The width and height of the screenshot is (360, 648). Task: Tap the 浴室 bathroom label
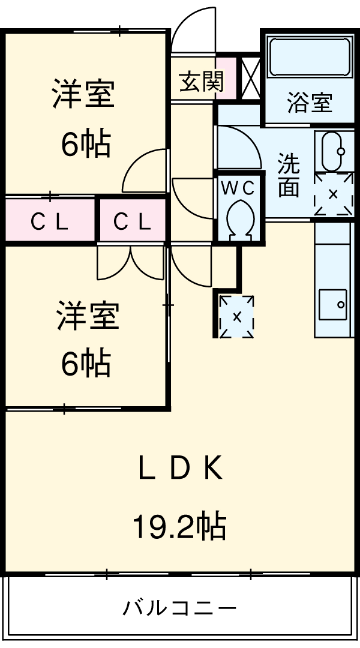pyautogui.click(x=309, y=103)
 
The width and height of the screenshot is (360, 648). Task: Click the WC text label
pyautogui.click(x=238, y=188)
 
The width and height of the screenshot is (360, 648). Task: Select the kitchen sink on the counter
pyautogui.click(x=332, y=305)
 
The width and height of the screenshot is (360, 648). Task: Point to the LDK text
pyautogui.click(x=180, y=469)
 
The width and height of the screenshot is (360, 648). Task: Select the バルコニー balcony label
pyautogui.click(x=179, y=608)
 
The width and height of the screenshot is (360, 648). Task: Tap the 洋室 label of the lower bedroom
pyautogui.click(x=88, y=316)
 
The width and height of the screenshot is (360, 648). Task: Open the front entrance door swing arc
pyautogui.click(x=193, y=30)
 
